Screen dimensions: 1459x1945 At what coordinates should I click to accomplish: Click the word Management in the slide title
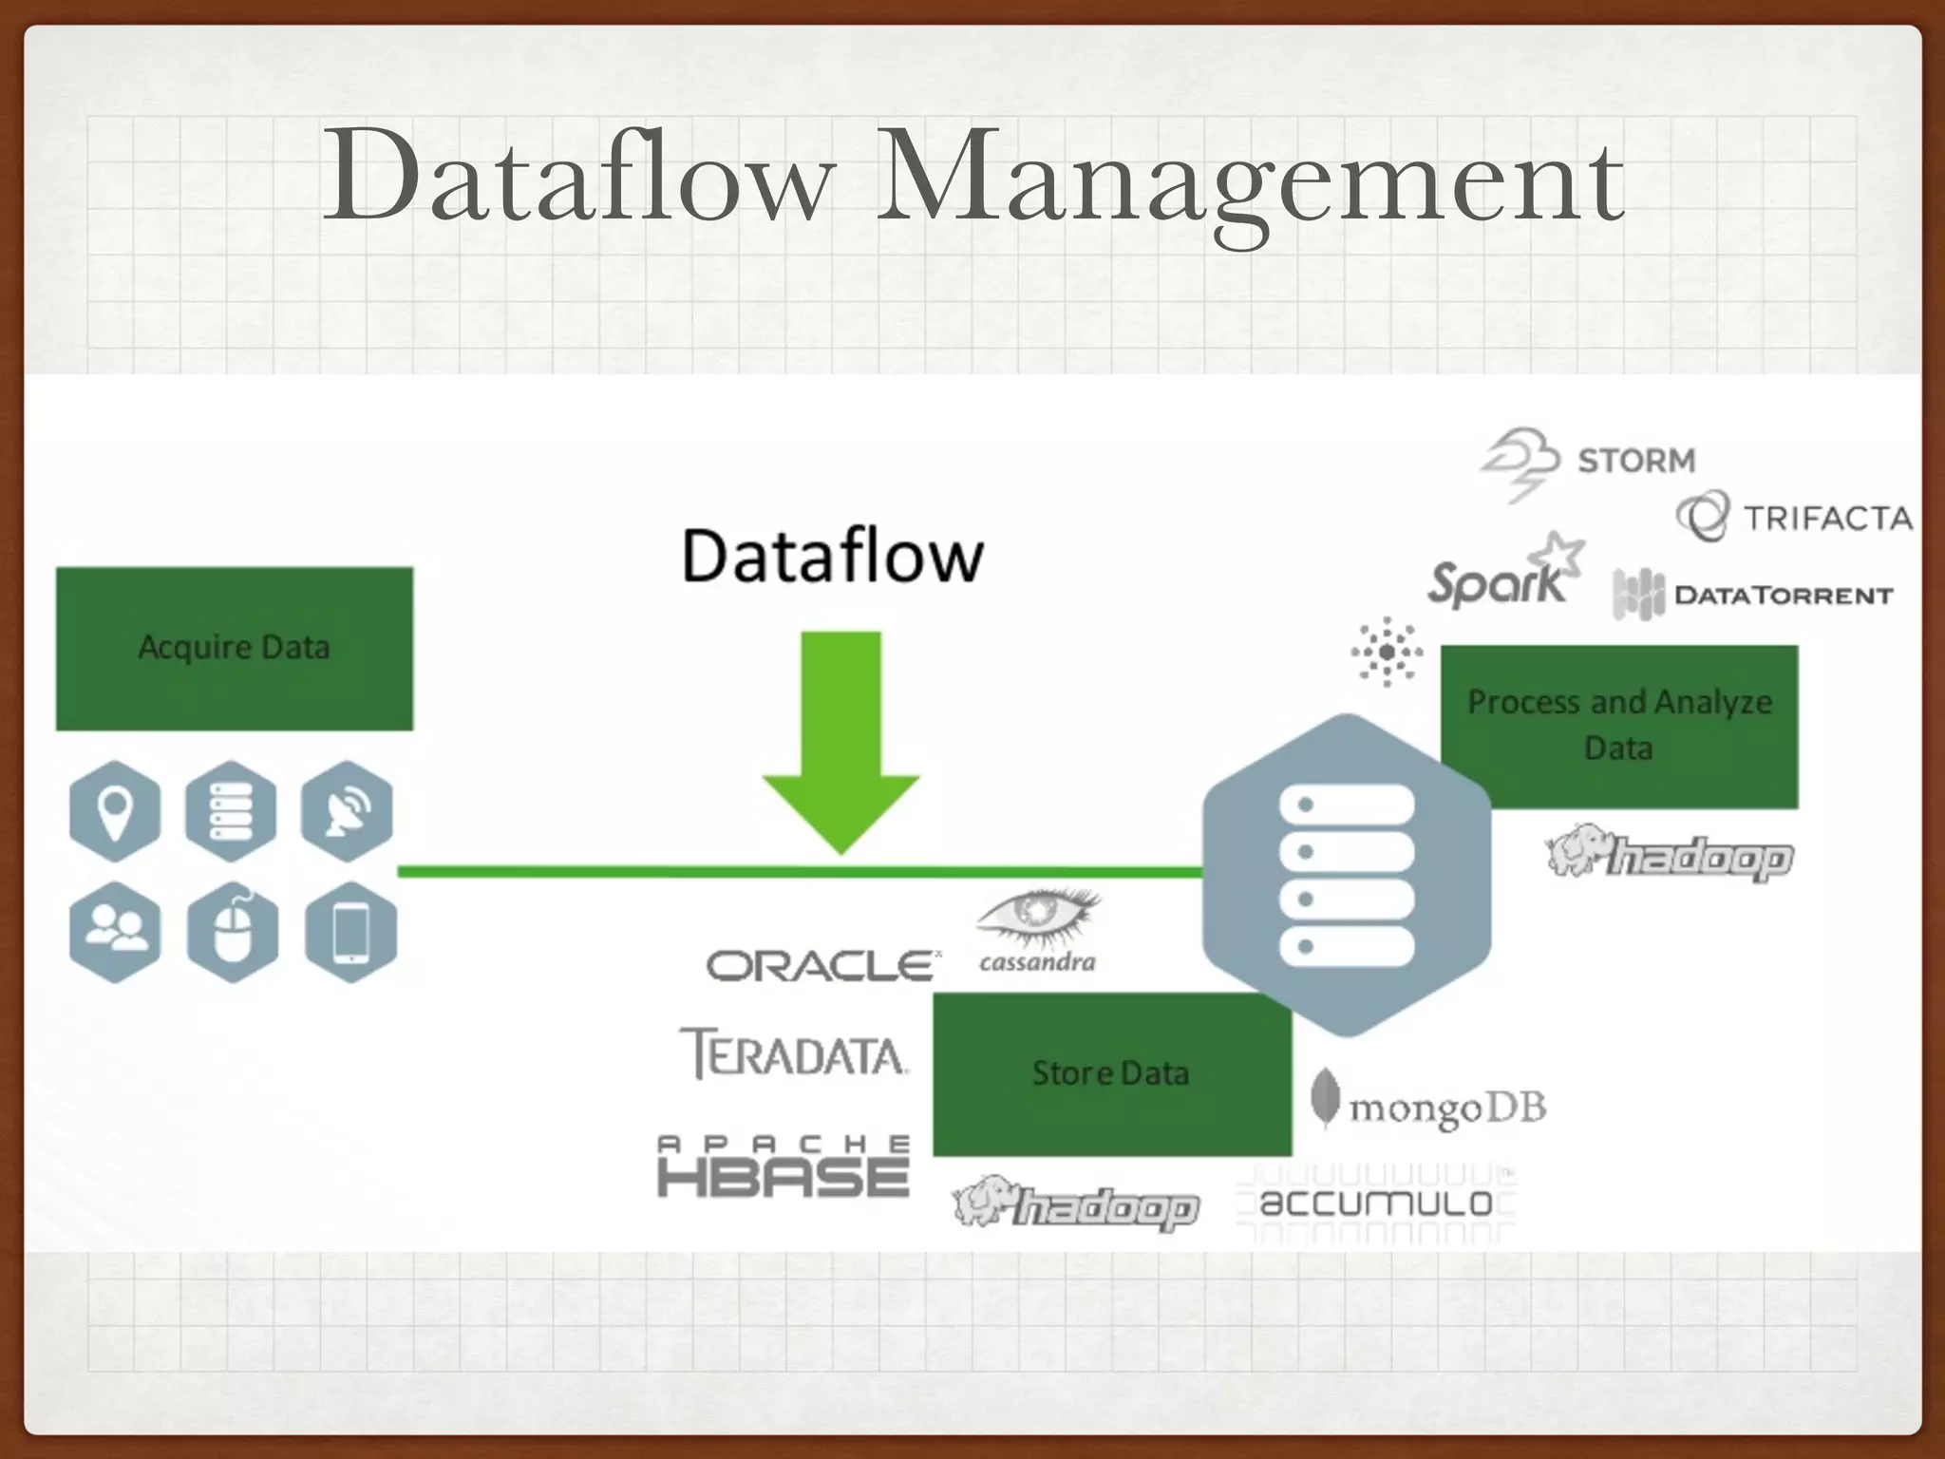1249,180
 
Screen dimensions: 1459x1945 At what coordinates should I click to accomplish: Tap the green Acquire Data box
235,649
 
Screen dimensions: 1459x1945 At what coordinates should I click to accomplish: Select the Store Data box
1111,1074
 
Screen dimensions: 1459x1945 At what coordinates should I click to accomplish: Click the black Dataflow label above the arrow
832,557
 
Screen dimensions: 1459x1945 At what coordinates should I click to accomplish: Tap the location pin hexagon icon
115,811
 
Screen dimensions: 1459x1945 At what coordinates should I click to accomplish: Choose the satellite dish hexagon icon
347,811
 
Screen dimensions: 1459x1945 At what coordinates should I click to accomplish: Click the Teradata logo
794,1054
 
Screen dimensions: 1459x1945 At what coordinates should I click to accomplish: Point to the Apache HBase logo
784,1165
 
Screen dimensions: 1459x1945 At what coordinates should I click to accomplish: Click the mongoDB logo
1429,1105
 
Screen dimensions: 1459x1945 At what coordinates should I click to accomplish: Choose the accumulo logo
1376,1203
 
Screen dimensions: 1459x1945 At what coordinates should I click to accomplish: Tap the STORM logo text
1635,461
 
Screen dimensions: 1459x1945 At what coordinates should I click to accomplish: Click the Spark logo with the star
1505,575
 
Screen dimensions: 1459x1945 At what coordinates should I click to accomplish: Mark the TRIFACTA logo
1795,518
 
